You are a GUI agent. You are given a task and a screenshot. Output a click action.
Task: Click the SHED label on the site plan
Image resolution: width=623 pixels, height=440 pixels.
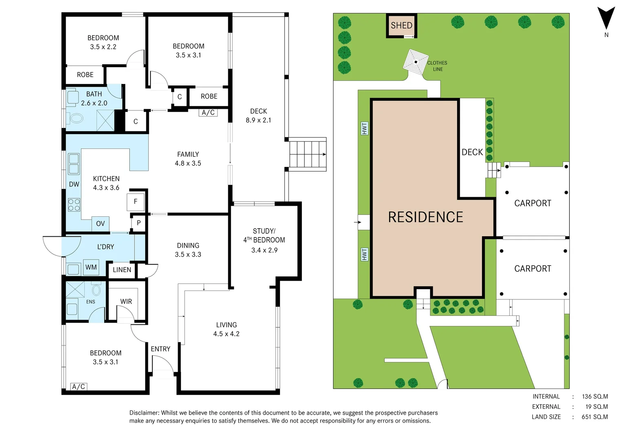click(401, 25)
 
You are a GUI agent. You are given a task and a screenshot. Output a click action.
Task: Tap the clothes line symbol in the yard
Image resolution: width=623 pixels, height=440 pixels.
click(416, 62)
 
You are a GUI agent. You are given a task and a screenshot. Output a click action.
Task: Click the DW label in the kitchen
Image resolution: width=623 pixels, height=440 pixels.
click(74, 184)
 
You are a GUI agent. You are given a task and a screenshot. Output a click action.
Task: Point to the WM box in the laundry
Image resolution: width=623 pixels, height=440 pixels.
click(91, 267)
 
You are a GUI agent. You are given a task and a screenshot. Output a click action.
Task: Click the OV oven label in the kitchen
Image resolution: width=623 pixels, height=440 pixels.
click(100, 223)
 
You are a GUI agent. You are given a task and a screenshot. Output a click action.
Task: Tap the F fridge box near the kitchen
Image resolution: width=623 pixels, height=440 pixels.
click(136, 201)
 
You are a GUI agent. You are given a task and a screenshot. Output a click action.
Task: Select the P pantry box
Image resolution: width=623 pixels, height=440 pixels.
click(139, 223)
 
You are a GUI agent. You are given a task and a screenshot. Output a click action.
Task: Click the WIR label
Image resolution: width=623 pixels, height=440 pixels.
click(126, 301)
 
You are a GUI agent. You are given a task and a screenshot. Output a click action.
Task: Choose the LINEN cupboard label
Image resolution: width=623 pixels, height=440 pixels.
click(122, 270)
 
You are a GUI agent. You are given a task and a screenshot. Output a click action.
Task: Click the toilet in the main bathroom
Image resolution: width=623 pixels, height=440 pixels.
click(76, 119)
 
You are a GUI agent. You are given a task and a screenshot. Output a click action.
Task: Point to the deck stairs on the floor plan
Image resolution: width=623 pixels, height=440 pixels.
click(307, 154)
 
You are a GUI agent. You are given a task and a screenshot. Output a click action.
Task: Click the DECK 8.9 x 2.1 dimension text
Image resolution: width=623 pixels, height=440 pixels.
click(258, 120)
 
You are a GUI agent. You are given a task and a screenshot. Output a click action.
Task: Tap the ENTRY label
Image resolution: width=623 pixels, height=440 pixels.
click(161, 349)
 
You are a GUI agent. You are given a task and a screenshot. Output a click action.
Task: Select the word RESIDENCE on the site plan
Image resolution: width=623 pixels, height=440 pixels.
click(425, 217)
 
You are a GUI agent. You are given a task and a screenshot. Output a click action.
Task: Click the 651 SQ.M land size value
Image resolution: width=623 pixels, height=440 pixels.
click(594, 417)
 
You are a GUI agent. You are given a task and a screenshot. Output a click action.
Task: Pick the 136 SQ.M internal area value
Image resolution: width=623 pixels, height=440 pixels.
click(595, 396)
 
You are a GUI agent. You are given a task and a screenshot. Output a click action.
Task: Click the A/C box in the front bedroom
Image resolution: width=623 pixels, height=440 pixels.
click(79, 387)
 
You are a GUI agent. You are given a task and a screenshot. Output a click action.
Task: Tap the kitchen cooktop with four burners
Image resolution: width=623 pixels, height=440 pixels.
click(74, 205)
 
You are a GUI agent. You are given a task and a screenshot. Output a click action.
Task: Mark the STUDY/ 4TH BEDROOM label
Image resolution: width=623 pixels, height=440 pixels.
click(264, 235)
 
